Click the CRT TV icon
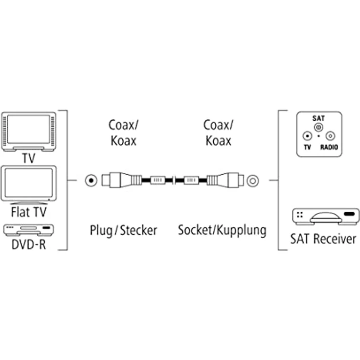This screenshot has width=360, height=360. (x=29, y=131)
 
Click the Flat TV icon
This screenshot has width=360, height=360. (x=29, y=184)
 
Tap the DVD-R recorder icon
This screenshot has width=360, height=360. (x=29, y=229)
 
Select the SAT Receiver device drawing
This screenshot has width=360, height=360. (x=325, y=216)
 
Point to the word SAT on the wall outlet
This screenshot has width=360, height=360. (x=318, y=118)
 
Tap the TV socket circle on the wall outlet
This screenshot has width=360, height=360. (x=307, y=136)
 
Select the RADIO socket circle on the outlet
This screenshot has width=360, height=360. (x=330, y=136)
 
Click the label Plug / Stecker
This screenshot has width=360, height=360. (x=123, y=230)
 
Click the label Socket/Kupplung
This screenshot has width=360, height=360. (x=222, y=230)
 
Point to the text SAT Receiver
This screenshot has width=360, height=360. (x=324, y=239)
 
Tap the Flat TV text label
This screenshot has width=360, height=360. (x=29, y=212)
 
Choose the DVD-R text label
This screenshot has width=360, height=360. (x=29, y=244)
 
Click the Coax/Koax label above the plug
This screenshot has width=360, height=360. (x=123, y=132)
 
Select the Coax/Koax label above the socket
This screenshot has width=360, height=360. (x=218, y=132)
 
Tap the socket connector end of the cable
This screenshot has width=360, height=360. (x=224, y=180)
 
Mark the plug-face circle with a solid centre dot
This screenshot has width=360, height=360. (x=90, y=180)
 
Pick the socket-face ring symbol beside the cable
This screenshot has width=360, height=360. (x=252, y=180)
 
